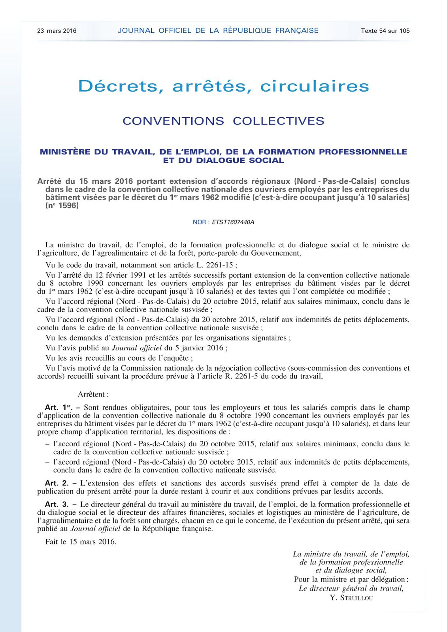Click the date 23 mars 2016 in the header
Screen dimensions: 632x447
pyautogui.click(x=57, y=31)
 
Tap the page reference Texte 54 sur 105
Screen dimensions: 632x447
pyautogui.click(x=385, y=31)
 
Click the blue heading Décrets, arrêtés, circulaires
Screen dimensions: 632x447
pyautogui.click(x=223, y=86)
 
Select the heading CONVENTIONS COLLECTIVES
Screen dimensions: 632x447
pyautogui.click(x=223, y=121)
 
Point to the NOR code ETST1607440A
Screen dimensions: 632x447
pyautogui.click(x=233, y=222)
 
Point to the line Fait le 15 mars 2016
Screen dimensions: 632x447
pyautogui.click(x=81, y=542)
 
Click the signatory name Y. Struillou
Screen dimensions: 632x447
pyautogui.click(x=351, y=598)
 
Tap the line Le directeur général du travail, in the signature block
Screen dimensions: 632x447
pyautogui.click(x=351, y=589)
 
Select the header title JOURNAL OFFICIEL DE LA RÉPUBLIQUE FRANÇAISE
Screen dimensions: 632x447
pyautogui.click(x=218, y=30)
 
